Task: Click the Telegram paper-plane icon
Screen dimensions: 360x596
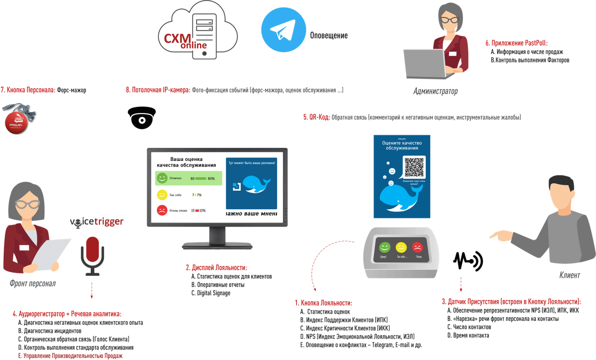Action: coord(283,30)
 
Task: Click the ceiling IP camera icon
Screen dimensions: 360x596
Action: coord(142,117)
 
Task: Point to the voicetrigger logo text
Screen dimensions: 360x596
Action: coord(97,222)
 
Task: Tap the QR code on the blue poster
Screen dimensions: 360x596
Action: coord(414,167)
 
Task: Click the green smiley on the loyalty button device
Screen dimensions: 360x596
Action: coord(384,247)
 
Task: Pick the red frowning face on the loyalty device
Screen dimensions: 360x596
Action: coord(417,247)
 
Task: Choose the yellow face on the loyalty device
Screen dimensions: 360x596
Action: coord(401,247)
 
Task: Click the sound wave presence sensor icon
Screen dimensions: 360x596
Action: coord(468,261)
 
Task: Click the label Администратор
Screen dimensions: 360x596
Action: coord(435,91)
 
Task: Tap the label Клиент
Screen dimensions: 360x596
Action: coord(569,275)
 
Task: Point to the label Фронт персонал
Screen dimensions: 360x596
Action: coord(32,284)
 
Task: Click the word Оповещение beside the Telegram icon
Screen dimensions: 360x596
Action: coord(329,35)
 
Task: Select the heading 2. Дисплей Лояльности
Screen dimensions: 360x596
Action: coord(216,267)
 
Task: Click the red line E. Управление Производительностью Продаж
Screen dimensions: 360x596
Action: coord(70,356)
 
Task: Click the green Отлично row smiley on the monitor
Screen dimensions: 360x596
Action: coord(162,178)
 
